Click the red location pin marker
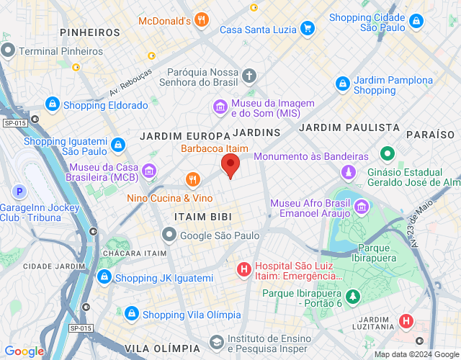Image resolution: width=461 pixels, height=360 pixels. click(230, 166)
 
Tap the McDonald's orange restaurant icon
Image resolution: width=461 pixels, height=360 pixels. click(202, 21)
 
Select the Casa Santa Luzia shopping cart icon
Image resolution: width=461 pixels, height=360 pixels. click(308, 29)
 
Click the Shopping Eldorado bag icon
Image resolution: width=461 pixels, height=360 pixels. click(52, 105)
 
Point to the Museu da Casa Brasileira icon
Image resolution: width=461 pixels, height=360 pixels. click(149, 171)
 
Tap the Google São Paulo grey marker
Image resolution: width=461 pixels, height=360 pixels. click(169, 234)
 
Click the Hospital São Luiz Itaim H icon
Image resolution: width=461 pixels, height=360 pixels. click(244, 270)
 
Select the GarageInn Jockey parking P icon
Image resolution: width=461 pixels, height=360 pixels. click(20, 192)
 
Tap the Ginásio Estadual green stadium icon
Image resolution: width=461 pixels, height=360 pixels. click(387, 154)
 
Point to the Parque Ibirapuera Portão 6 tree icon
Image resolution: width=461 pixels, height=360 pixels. click(352, 297)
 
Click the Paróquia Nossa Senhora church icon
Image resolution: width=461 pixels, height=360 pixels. click(249, 76)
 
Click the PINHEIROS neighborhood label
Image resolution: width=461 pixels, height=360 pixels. click(90, 32)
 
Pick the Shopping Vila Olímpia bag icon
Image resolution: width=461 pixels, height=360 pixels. click(131, 314)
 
